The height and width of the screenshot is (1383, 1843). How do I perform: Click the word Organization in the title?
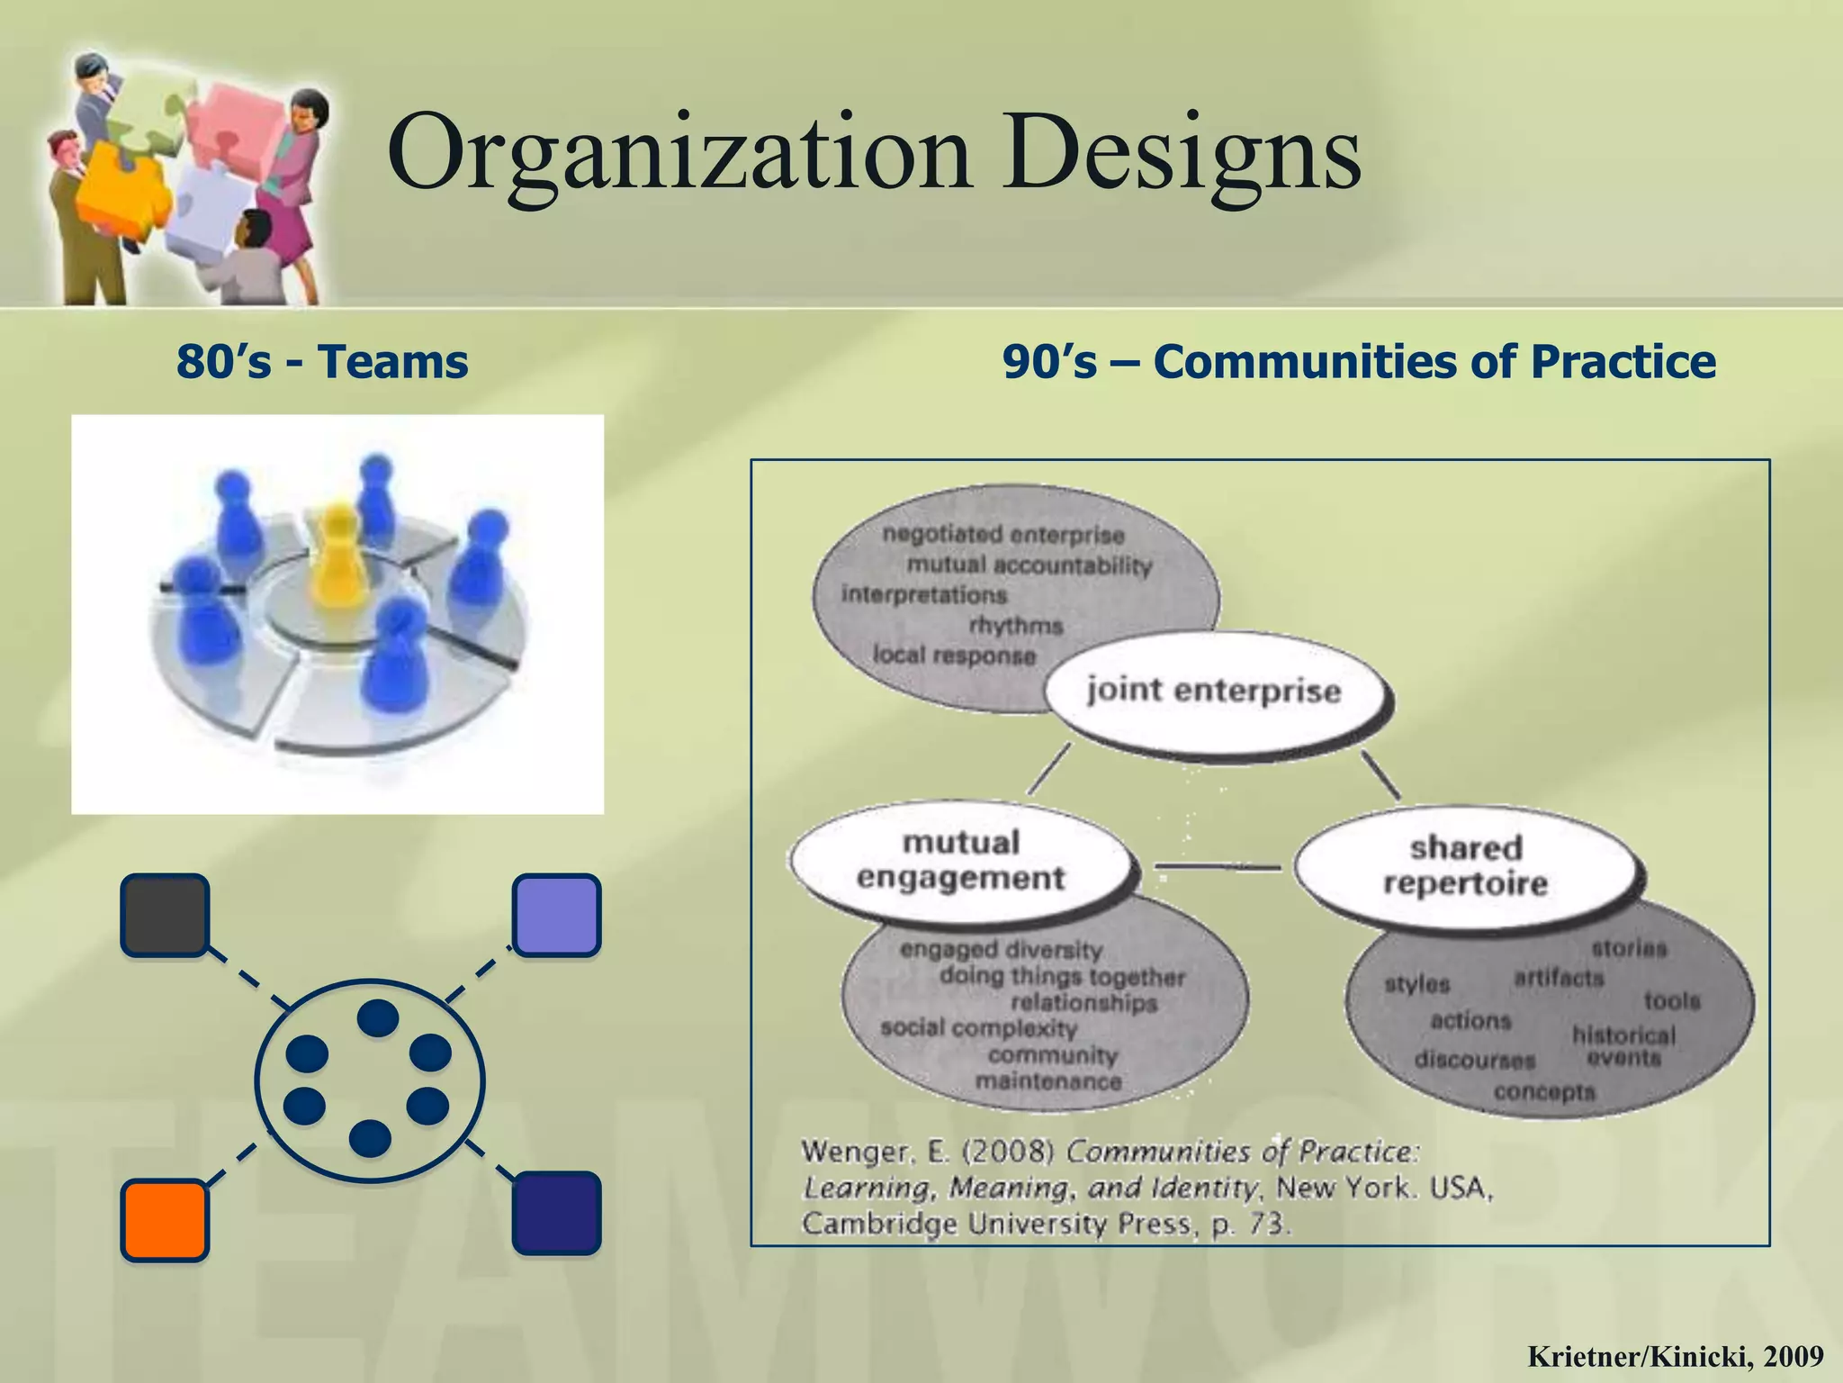(x=679, y=153)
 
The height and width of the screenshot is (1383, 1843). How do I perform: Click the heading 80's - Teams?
(x=322, y=362)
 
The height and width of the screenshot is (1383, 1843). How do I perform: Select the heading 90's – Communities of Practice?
(x=1359, y=362)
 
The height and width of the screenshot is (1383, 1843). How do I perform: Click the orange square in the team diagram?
(x=165, y=1220)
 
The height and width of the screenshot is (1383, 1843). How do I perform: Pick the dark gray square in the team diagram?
(x=165, y=914)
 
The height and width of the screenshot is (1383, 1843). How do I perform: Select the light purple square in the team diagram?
(x=556, y=915)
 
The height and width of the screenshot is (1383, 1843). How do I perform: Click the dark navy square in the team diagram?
(x=556, y=1213)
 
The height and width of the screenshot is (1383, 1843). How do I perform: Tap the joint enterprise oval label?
(x=1214, y=691)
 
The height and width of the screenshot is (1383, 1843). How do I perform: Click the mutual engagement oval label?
(x=960, y=861)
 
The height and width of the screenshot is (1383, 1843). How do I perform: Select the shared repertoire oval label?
(x=1465, y=865)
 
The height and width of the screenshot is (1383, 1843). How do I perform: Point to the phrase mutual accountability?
(x=1029, y=565)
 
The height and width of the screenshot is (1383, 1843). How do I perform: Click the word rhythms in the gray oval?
(x=1016, y=625)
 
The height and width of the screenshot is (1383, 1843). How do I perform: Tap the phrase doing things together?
(x=1062, y=976)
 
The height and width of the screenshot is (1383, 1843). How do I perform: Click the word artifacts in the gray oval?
(x=1559, y=978)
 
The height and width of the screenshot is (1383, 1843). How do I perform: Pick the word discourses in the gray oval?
(x=1474, y=1060)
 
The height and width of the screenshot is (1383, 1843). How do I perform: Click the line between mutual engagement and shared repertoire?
(x=1217, y=867)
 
